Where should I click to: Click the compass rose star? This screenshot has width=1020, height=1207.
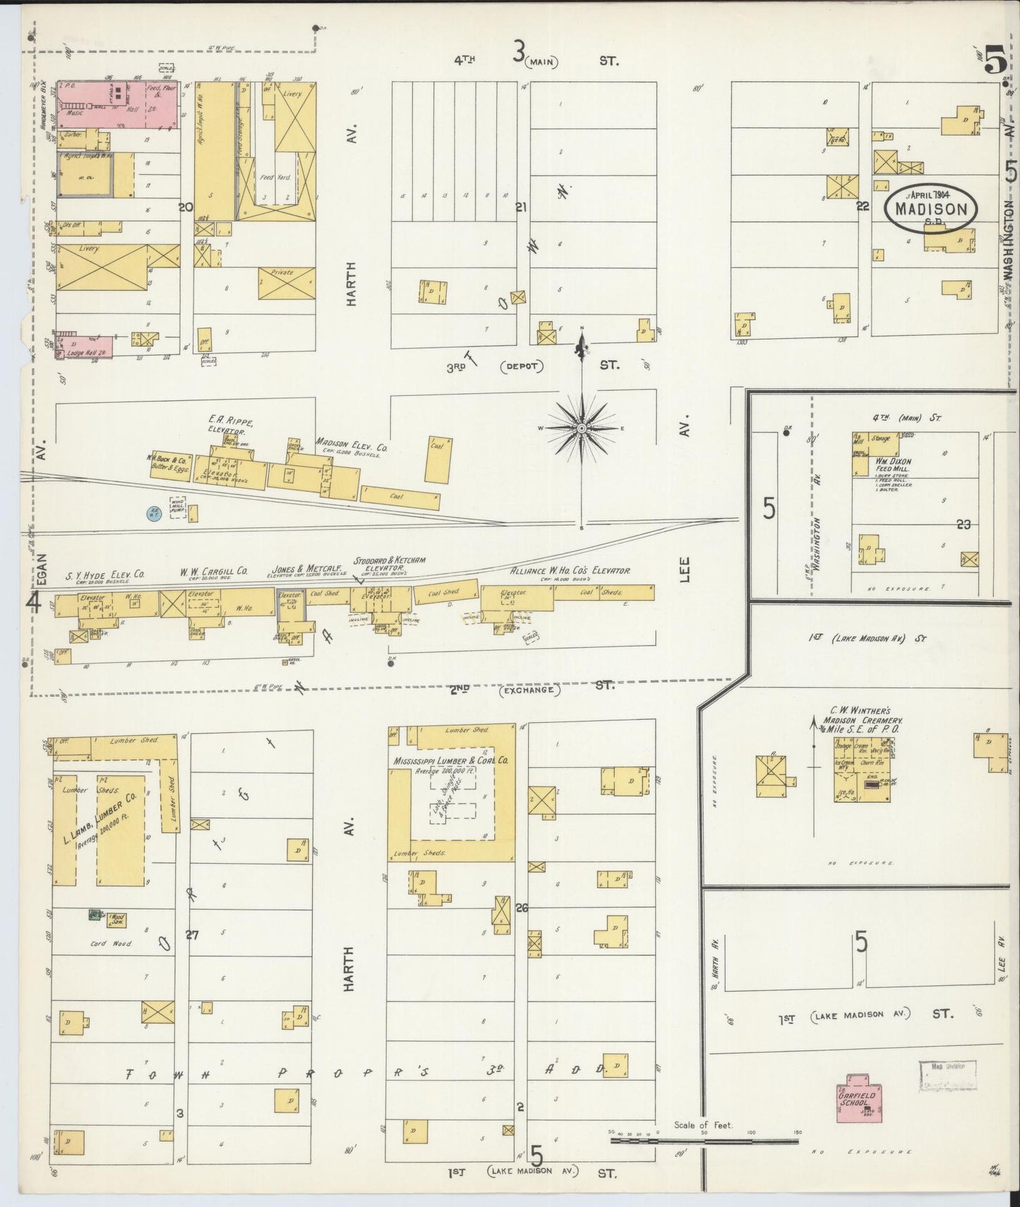581,428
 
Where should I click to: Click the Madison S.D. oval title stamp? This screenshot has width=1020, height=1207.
931,208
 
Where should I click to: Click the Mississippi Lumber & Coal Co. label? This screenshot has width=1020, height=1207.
452,761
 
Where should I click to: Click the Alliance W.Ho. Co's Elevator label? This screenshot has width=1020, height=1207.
570,570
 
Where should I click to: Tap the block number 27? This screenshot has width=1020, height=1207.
191,935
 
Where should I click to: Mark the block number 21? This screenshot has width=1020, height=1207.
522,207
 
